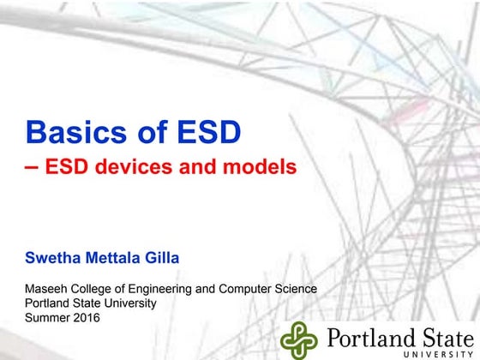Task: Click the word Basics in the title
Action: (69, 132)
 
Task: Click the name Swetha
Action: (53, 256)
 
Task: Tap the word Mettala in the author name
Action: (114, 256)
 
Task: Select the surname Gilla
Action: (164, 256)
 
